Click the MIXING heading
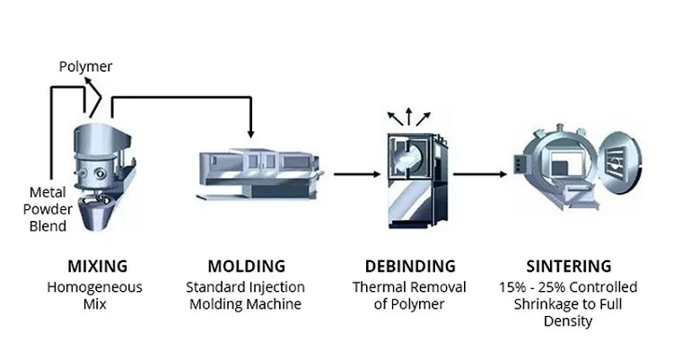(x=97, y=266)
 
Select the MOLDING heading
(x=246, y=266)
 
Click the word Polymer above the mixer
(x=85, y=67)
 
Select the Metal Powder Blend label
(x=48, y=209)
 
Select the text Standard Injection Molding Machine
(x=246, y=295)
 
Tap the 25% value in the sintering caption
(x=551, y=287)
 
